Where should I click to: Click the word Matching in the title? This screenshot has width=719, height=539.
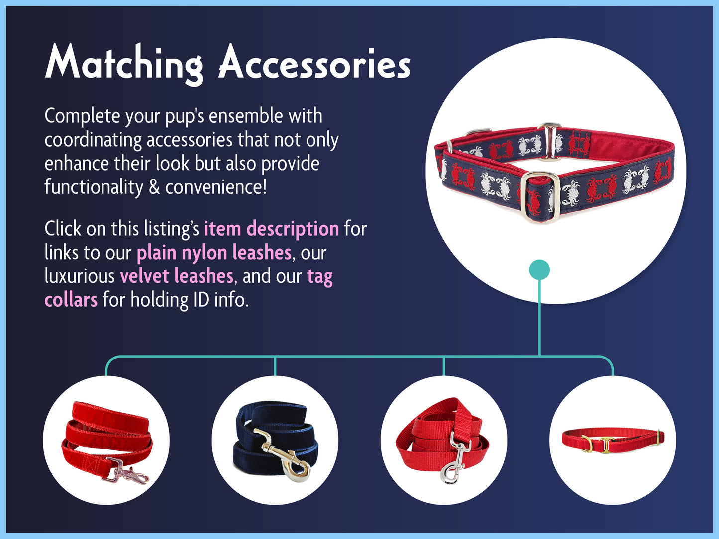pos(124,64)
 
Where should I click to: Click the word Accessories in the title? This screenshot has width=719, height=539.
pos(314,62)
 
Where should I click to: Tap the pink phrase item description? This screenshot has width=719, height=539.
pos(272,229)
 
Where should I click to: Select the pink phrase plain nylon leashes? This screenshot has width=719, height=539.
pos(214,253)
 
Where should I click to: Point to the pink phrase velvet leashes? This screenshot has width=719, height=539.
pos(177,276)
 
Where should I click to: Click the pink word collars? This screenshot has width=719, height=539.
pos(71,300)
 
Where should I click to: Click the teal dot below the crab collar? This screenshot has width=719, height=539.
pos(539,269)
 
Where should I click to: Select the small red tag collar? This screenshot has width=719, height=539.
pos(613,441)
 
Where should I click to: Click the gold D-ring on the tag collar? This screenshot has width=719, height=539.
pos(587,444)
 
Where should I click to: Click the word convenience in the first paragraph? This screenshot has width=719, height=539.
pos(216,187)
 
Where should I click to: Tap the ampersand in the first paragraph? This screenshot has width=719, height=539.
pos(154,187)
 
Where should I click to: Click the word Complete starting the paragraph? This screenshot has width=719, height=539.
pos(82,117)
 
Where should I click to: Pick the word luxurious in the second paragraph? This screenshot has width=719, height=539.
pos(80,276)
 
